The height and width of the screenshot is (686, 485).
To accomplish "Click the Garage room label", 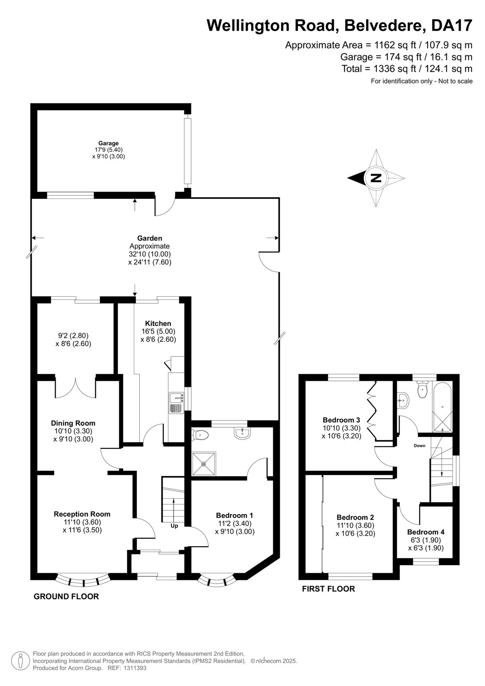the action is coord(108,143).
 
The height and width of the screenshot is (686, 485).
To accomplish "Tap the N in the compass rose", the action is coord(376,178).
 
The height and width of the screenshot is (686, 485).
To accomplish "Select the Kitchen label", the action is coord(158,323).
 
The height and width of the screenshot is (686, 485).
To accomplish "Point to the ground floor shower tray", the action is coord(204,463).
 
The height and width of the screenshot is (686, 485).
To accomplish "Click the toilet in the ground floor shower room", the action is coord(200,434).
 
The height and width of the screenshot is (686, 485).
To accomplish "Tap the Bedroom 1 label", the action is coord(235,515).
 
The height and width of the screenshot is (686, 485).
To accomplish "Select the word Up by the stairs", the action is coord(175,526).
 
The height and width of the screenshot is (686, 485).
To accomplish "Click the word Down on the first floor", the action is coord(419,445).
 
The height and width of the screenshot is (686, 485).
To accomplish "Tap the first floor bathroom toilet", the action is coord(423,390).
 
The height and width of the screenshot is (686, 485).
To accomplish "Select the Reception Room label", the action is coord(82,514).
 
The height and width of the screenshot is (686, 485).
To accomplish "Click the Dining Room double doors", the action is coord(75,388).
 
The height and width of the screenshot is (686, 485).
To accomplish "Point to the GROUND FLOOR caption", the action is coord(66,596).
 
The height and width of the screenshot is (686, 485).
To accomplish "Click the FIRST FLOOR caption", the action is coord(328,589).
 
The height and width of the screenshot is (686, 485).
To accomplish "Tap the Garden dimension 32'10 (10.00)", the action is coord(150,254).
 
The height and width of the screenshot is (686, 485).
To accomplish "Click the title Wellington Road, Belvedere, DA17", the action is coord(340,25).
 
